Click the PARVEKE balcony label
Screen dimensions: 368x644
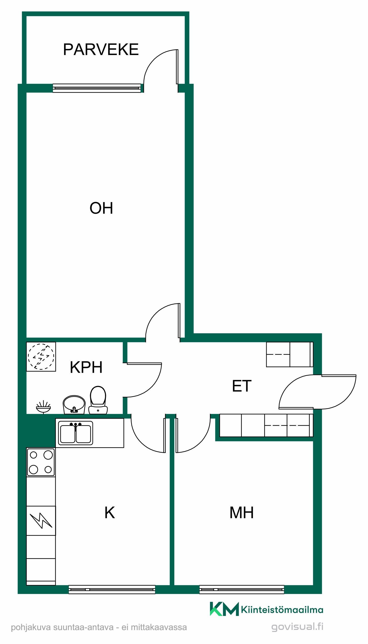[x=101, y=49]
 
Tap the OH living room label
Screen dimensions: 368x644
[x=101, y=208]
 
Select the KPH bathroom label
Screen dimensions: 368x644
[x=86, y=367]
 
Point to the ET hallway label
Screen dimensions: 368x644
[x=242, y=386]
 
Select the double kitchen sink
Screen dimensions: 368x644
[x=75, y=433]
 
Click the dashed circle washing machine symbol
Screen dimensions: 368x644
[x=41, y=357]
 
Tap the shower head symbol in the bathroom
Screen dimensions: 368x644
[x=43, y=407]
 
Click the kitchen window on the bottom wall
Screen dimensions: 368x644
[x=112, y=589]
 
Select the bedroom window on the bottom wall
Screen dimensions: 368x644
[x=242, y=589]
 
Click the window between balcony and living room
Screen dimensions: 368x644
[x=97, y=88]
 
